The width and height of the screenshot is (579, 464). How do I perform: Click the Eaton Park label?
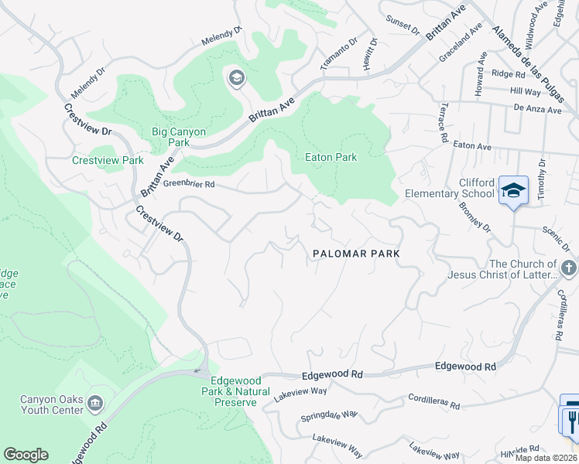(x=331, y=157)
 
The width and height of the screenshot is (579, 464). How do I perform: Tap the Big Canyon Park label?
(x=179, y=137)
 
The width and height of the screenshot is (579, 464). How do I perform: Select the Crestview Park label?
(x=108, y=160)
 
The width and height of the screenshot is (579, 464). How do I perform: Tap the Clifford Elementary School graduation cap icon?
(x=512, y=189)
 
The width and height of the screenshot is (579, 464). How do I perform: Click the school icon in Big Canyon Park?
(x=236, y=77)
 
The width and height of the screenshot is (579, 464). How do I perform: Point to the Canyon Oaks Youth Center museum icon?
(x=95, y=402)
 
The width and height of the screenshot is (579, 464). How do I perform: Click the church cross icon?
(x=568, y=268)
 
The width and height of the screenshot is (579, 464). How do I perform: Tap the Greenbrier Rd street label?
(x=189, y=185)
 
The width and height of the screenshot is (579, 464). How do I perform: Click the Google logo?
(x=26, y=455)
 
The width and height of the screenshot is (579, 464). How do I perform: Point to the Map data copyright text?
(x=545, y=458)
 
